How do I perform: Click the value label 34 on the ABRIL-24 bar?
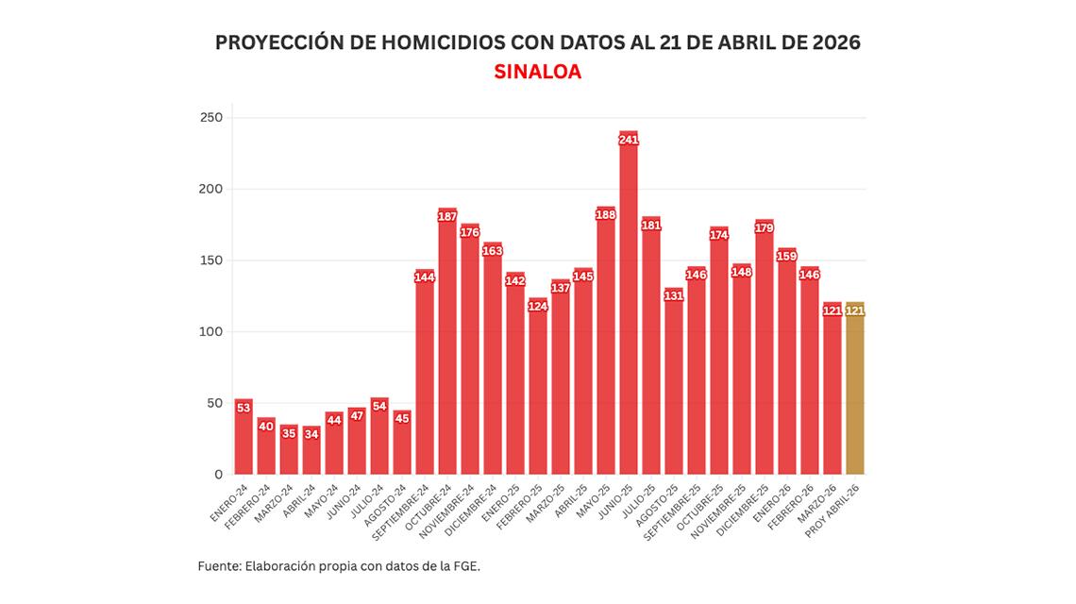pyautogui.click(x=311, y=434)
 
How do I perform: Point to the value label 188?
pyautogui.click(x=606, y=214)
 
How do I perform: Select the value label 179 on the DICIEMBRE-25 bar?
pyautogui.click(x=765, y=226)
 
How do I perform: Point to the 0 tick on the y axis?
pyautogui.click(x=218, y=474)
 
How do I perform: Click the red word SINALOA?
pyautogui.click(x=537, y=72)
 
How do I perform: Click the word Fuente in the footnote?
pyautogui.click(x=218, y=566)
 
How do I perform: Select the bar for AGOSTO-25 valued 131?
pyautogui.click(x=674, y=387)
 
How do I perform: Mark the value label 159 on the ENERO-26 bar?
pyautogui.click(x=787, y=255)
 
